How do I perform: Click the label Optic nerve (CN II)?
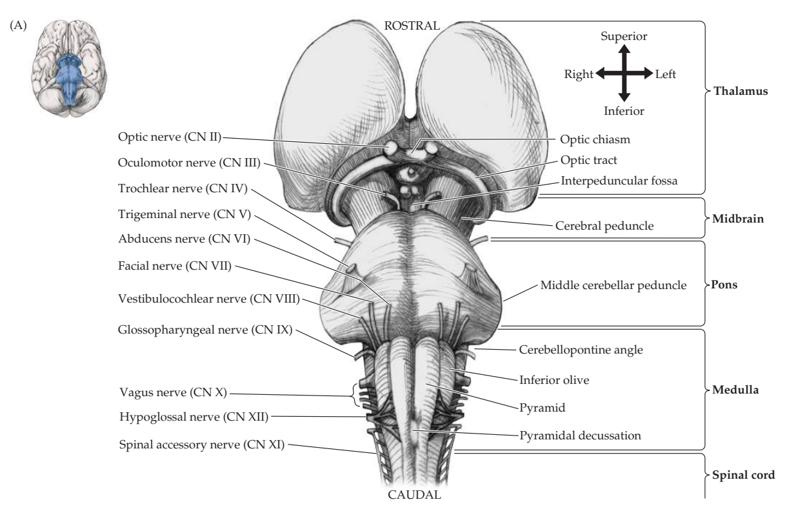(x=170, y=137)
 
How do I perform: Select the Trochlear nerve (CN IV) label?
(x=183, y=188)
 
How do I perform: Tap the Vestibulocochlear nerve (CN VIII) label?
(x=209, y=299)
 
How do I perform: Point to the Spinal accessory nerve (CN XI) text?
(x=202, y=445)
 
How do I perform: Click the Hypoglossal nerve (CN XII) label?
(x=194, y=417)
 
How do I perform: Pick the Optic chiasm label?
(x=595, y=139)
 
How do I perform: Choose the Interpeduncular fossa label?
(x=619, y=181)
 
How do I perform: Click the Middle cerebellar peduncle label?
(x=613, y=285)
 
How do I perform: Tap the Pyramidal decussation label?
(x=581, y=436)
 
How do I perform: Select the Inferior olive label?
(x=554, y=380)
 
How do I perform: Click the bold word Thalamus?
(x=741, y=92)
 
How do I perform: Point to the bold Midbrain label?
(x=738, y=219)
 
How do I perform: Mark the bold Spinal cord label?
(x=743, y=475)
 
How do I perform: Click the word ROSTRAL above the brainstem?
(x=412, y=26)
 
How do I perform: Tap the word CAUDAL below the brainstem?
(x=414, y=495)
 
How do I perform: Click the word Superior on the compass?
(x=624, y=36)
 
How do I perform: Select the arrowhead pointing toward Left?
(x=648, y=74)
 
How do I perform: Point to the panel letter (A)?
(x=18, y=26)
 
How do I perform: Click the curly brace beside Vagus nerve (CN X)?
(x=354, y=395)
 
